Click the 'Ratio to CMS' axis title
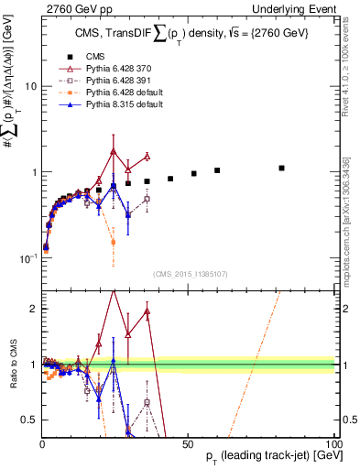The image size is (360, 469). [x=11, y=365]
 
